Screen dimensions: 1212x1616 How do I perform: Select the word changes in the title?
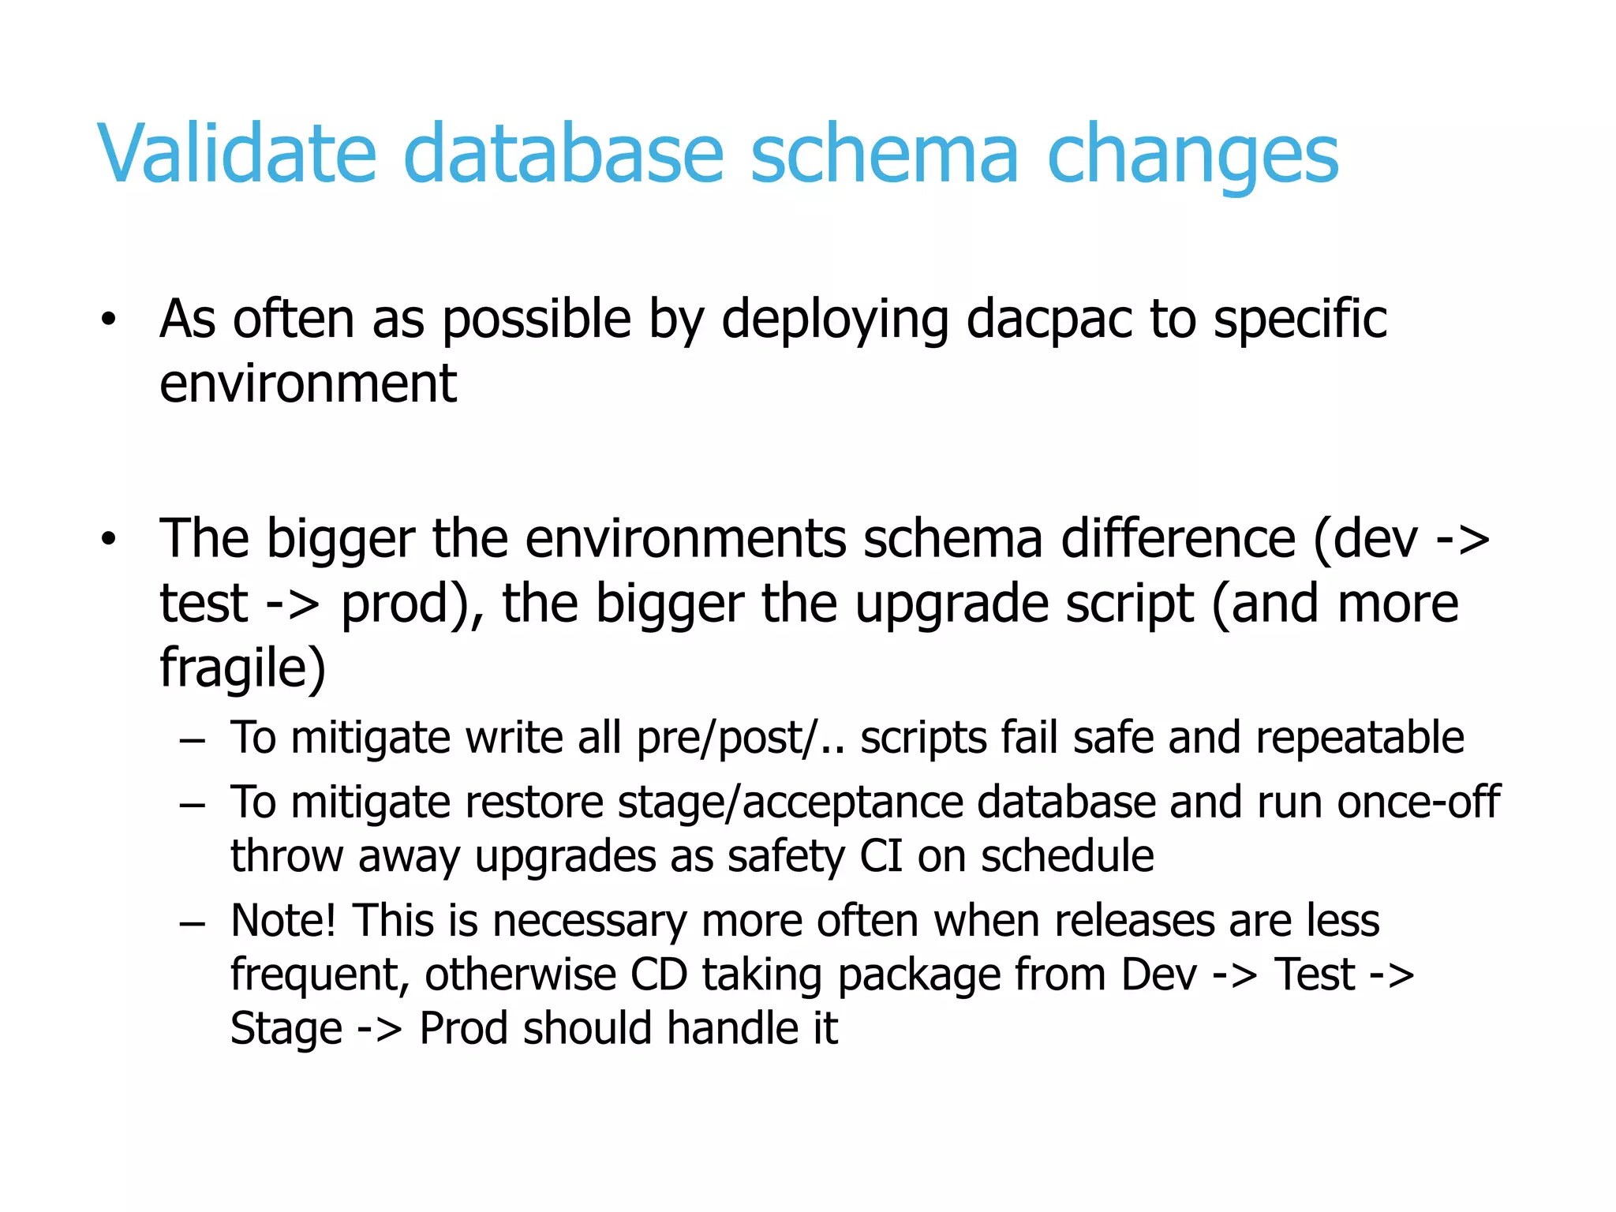(1192, 156)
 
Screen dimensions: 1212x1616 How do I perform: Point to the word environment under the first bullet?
(308, 383)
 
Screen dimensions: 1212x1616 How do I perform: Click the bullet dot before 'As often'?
(108, 320)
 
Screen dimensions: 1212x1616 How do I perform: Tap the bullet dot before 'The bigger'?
(108, 540)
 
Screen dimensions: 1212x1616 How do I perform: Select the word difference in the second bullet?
(1177, 539)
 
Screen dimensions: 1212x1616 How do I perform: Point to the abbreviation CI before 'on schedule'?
(881, 856)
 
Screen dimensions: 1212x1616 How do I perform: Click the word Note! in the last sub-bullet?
(283, 921)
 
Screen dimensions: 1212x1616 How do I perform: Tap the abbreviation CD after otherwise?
(658, 975)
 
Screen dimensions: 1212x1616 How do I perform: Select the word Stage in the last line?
(286, 1030)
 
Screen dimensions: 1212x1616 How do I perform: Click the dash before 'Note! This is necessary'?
(192, 922)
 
